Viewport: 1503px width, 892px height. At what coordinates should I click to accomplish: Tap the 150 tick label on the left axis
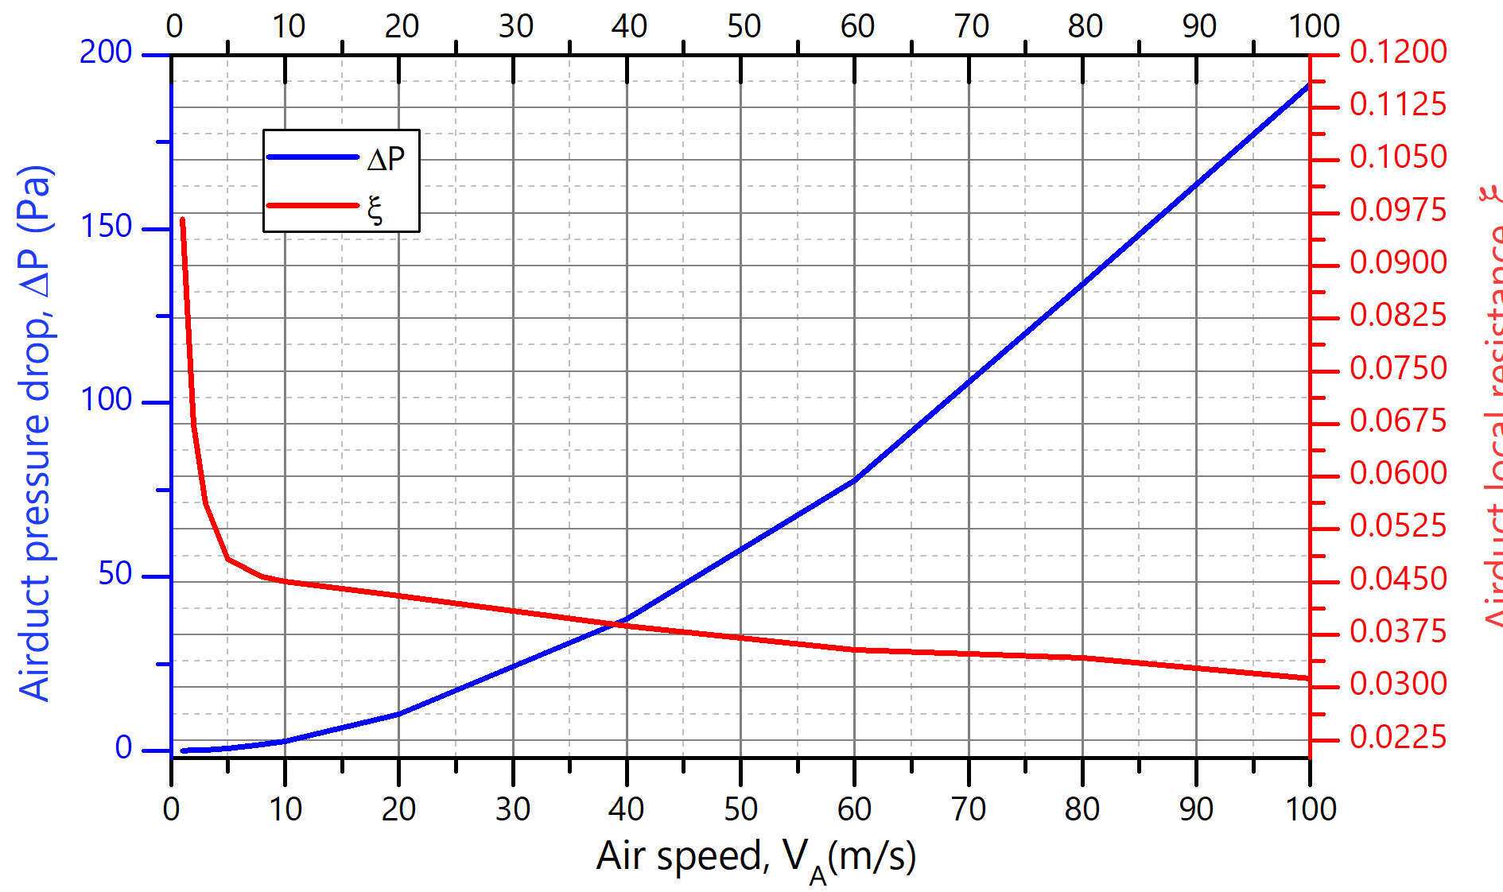106,227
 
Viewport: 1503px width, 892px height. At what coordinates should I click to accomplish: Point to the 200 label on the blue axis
106,52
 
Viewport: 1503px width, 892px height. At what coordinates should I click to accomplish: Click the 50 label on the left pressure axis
115,574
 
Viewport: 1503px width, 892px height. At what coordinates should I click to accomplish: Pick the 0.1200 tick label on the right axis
1398,52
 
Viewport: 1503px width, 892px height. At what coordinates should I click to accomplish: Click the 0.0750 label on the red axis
1398,369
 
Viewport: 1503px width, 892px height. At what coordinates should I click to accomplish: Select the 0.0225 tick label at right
1398,738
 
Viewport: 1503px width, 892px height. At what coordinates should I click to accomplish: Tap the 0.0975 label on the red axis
1398,211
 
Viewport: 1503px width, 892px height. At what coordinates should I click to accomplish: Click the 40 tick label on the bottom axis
626,809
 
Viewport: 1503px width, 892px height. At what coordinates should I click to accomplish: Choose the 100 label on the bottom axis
1311,809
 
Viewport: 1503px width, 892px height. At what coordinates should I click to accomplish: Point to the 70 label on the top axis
971,27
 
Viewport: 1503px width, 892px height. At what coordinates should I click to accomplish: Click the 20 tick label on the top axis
402,27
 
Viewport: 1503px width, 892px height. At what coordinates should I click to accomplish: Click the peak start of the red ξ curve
183,219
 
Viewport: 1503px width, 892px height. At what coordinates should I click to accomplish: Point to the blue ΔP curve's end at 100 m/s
1308,84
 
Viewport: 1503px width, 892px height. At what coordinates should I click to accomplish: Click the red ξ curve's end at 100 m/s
1308,678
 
